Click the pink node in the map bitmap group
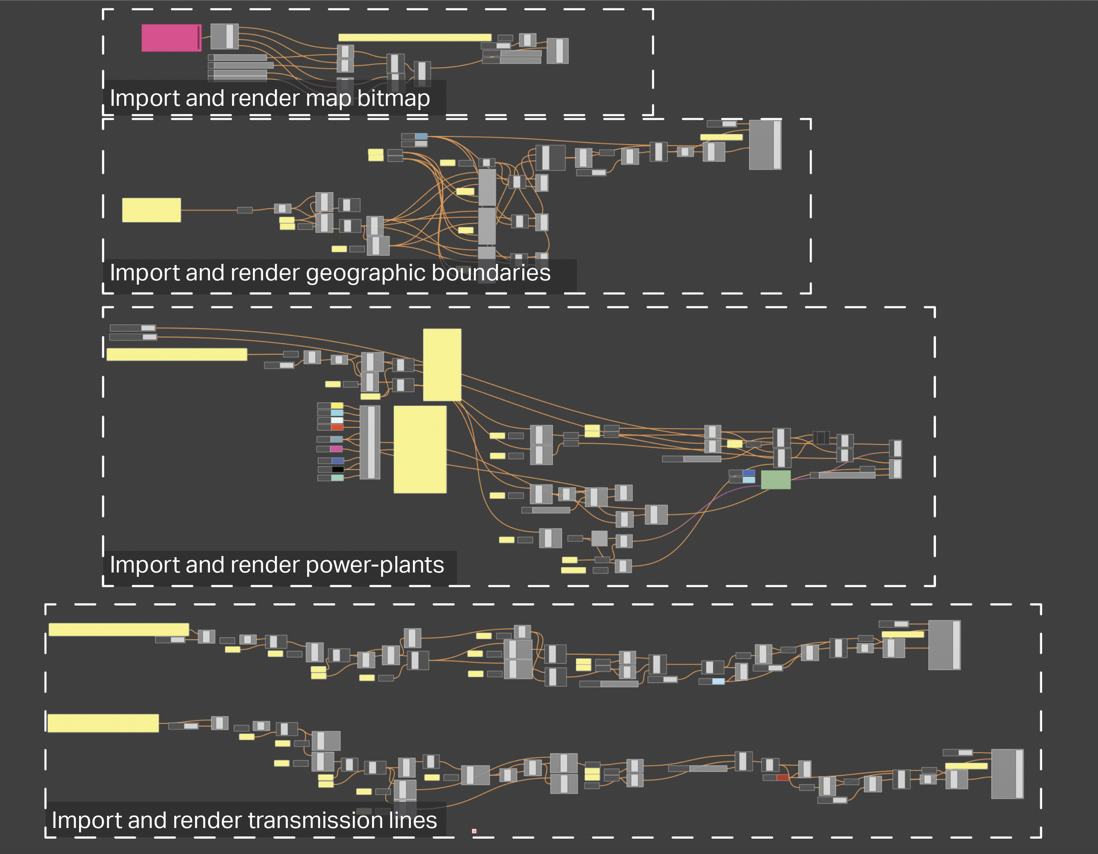point(171,38)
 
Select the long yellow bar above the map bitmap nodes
point(414,37)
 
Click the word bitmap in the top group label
point(393,98)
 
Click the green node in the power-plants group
point(775,479)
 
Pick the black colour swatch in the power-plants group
point(337,469)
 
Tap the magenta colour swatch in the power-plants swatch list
point(336,449)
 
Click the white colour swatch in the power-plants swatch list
point(337,420)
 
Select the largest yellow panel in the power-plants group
point(420,449)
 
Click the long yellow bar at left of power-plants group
point(177,354)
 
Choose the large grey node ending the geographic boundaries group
point(765,145)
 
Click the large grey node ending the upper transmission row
point(944,645)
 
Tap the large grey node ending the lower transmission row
point(1007,774)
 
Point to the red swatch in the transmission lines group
point(782,778)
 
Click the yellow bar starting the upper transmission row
point(119,629)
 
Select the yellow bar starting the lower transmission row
point(103,723)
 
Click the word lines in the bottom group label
point(412,820)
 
